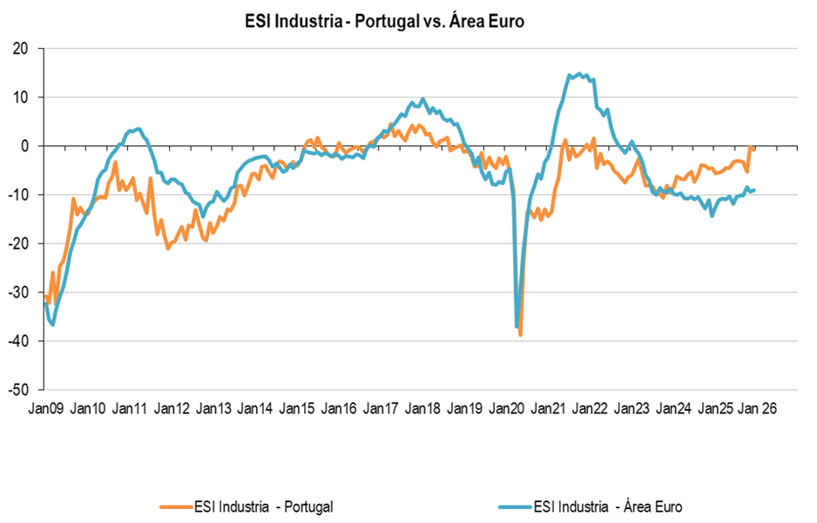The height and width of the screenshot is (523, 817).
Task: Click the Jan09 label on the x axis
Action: point(45,407)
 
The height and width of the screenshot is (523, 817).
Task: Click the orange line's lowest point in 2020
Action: point(521,335)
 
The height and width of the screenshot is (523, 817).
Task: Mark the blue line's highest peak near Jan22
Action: point(579,74)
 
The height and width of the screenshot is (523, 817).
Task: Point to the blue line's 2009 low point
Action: point(53,325)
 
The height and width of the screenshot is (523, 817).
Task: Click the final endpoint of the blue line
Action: point(754,190)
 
